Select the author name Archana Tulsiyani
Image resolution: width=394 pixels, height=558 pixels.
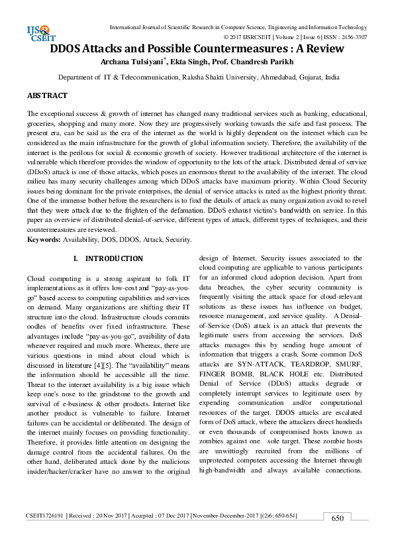(x=136, y=62)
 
